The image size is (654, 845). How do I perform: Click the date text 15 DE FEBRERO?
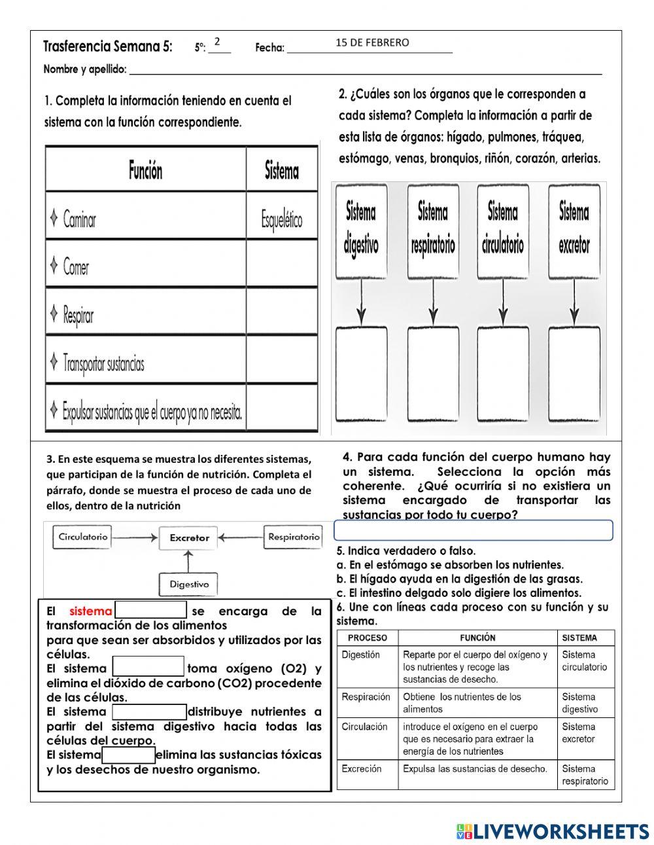pyautogui.click(x=372, y=43)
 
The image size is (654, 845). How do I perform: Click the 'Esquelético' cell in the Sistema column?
pyautogui.click(x=282, y=219)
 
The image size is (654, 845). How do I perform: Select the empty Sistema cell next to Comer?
pyautogui.click(x=282, y=265)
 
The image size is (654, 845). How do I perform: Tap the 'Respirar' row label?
pyautogui.click(x=78, y=315)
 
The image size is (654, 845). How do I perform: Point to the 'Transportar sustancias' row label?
pyautogui.click(x=103, y=363)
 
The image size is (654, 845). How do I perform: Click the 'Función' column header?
pyautogui.click(x=145, y=171)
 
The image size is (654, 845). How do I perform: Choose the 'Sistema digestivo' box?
pyautogui.click(x=361, y=229)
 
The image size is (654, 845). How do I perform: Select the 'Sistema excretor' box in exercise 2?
pyautogui.click(x=574, y=229)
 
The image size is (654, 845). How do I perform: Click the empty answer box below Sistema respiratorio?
pyautogui.click(x=432, y=374)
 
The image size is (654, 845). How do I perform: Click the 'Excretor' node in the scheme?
pyautogui.click(x=189, y=538)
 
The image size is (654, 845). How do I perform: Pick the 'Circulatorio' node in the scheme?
pyautogui.click(x=83, y=537)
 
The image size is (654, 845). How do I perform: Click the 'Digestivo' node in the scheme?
pyautogui.click(x=189, y=584)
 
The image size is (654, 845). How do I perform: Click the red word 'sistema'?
pyautogui.click(x=90, y=611)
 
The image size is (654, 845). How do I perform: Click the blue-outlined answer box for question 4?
pyautogui.click(x=473, y=530)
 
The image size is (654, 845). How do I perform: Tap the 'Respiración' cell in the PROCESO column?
pyautogui.click(x=366, y=698)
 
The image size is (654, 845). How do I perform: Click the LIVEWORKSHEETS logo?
pyautogui.click(x=552, y=831)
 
